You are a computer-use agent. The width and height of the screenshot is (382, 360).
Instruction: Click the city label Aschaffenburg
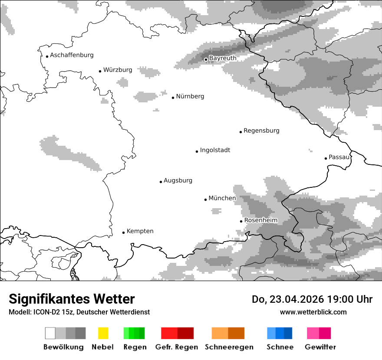coord(72,55)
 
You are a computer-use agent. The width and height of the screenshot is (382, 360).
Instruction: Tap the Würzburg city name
coord(118,70)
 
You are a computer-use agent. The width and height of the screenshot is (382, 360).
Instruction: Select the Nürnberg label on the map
coord(190,96)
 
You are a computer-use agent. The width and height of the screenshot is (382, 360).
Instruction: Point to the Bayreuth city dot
coord(206,59)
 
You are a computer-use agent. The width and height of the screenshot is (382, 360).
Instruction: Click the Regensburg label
coord(261,131)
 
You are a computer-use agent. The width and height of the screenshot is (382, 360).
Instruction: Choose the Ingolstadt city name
coord(215,150)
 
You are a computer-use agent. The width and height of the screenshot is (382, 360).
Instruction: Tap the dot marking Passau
coord(326,158)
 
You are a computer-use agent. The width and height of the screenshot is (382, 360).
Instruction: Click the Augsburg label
coord(178,180)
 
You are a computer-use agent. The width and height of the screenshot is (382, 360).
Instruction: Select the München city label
coord(222,198)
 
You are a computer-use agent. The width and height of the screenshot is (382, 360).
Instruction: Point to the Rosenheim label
coord(260,220)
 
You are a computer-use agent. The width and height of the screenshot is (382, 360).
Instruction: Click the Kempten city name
coord(140,231)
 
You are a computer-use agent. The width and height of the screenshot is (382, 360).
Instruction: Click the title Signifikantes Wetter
coord(72,299)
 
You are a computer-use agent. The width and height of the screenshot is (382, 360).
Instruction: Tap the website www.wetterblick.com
coord(313,312)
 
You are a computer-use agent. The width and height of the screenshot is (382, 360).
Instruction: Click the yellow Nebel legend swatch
coord(103,333)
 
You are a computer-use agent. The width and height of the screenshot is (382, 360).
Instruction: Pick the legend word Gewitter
coord(320,347)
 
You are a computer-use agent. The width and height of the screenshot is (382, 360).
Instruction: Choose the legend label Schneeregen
coord(229,347)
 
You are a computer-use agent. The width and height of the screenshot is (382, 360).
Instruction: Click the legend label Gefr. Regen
coord(177,347)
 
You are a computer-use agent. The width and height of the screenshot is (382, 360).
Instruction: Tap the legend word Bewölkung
coord(63,347)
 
